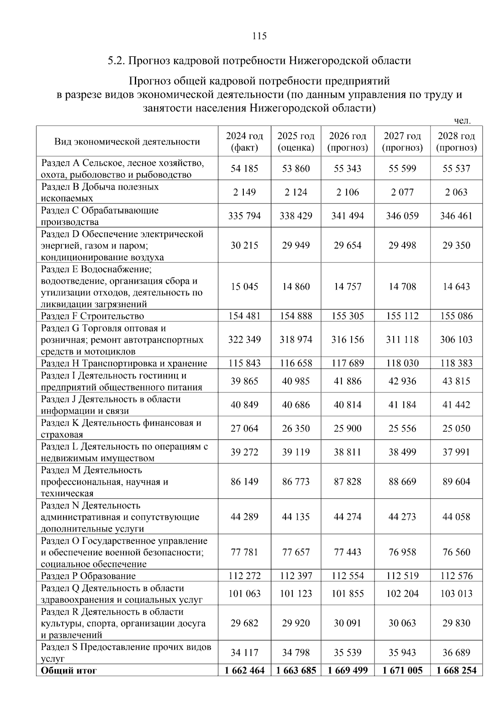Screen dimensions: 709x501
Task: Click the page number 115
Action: [x=259, y=36]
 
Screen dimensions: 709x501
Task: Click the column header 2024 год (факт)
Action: [x=244, y=142]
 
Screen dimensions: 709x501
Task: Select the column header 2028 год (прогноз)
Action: [x=456, y=142]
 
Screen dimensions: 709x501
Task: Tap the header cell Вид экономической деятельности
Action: [x=127, y=142]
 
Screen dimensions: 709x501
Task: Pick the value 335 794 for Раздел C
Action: [x=244, y=216]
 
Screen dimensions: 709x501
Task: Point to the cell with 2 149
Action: [x=244, y=192]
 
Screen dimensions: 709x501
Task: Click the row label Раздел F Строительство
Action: [x=92, y=316]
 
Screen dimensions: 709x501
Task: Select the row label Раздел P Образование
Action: [x=88, y=576]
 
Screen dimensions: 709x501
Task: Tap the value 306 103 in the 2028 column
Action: [x=456, y=339]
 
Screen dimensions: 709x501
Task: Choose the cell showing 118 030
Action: [x=402, y=363]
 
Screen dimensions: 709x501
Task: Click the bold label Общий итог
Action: [x=68, y=671]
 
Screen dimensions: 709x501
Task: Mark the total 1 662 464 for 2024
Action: [x=244, y=671]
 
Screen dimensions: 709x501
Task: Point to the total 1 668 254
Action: [x=456, y=671]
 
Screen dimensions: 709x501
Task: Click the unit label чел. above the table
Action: [x=462, y=121]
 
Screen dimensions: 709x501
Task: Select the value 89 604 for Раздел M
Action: [x=456, y=481]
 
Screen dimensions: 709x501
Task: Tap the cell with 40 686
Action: [x=296, y=404]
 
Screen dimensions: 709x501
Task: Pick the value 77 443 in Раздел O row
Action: [x=347, y=552]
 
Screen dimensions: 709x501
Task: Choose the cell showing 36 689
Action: [x=456, y=653]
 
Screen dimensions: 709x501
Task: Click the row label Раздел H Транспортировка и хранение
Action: [x=124, y=363]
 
